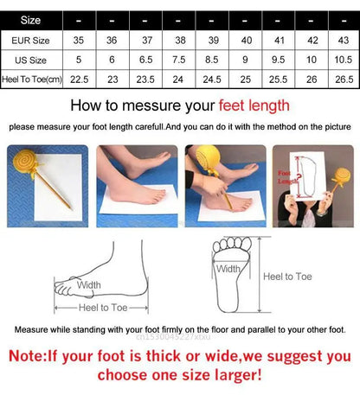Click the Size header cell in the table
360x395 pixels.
(30, 18)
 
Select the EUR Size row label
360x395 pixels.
(30, 39)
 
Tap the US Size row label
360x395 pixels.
(30, 59)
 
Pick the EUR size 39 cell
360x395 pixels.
(213, 39)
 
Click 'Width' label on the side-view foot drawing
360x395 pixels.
(88, 284)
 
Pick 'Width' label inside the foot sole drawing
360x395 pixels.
(228, 269)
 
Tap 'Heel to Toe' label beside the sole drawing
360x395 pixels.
(288, 277)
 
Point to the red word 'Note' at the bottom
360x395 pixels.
(35, 355)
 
